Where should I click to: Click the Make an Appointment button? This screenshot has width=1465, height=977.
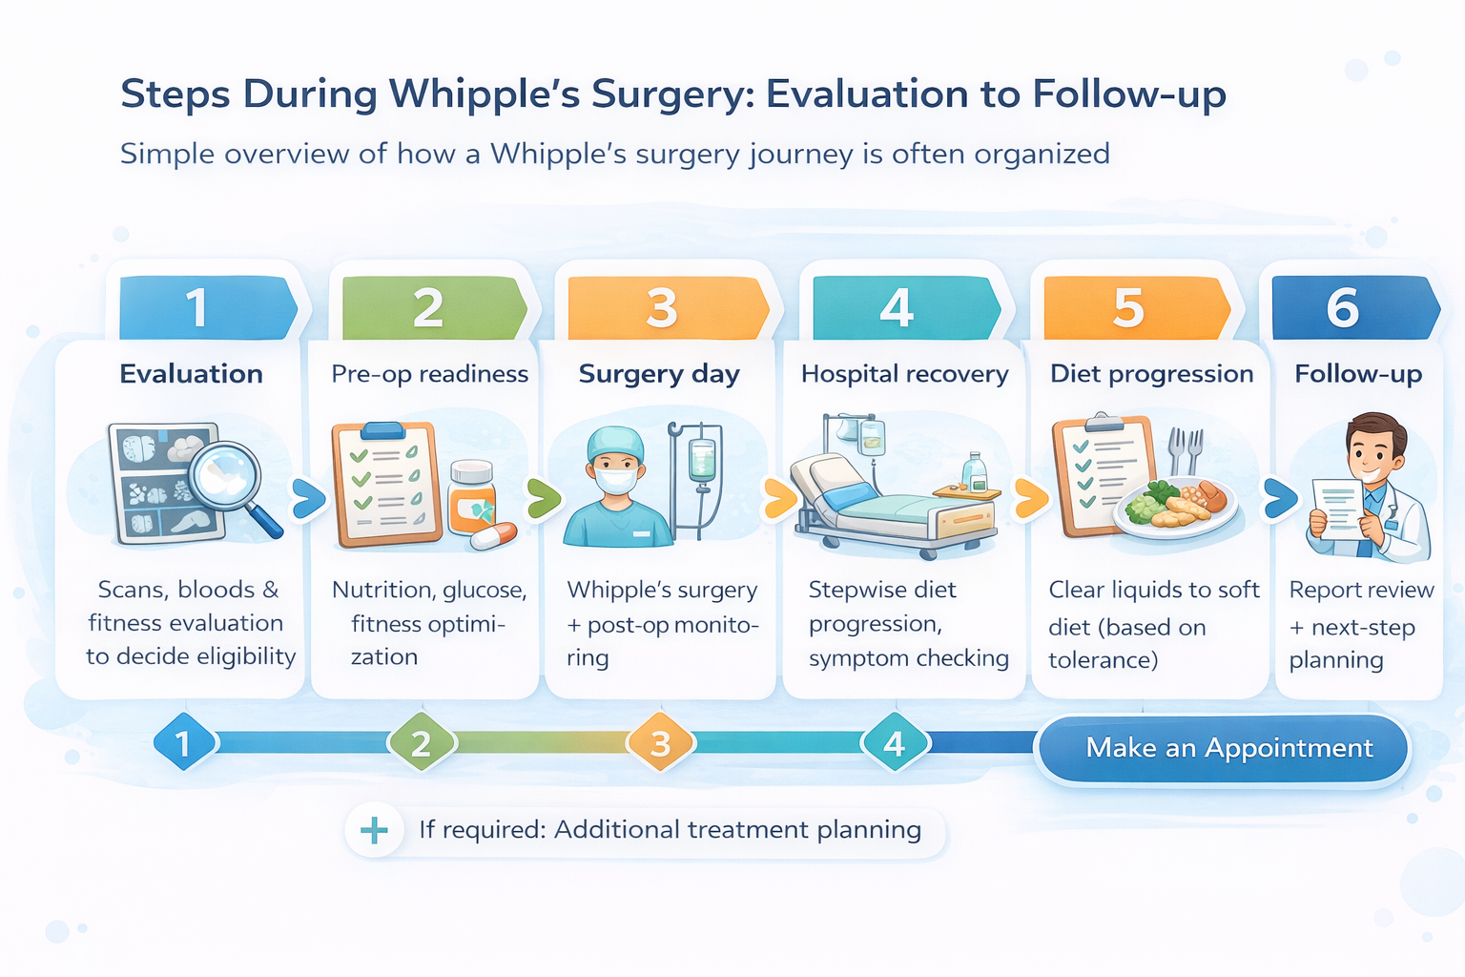pyautogui.click(x=1224, y=749)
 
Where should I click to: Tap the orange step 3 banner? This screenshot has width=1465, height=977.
pyautogui.click(x=664, y=308)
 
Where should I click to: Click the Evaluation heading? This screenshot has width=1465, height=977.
pyautogui.click(x=191, y=374)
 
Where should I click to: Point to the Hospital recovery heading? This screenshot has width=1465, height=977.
pyautogui.click(x=904, y=374)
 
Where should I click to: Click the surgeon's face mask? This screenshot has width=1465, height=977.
pyautogui.click(x=615, y=480)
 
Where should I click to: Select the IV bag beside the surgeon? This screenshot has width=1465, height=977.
pyautogui.click(x=702, y=461)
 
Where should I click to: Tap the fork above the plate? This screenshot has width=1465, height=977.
pyautogui.click(x=1177, y=448)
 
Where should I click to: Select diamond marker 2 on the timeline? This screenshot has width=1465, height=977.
pyautogui.click(x=421, y=743)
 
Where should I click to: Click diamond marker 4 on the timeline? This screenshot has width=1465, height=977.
pyautogui.click(x=894, y=743)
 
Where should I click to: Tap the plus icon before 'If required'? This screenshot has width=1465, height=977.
pyautogui.click(x=374, y=830)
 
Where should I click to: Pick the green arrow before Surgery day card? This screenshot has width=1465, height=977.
pyautogui.click(x=543, y=498)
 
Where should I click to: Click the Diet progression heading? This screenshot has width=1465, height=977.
pyautogui.click(x=1151, y=374)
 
